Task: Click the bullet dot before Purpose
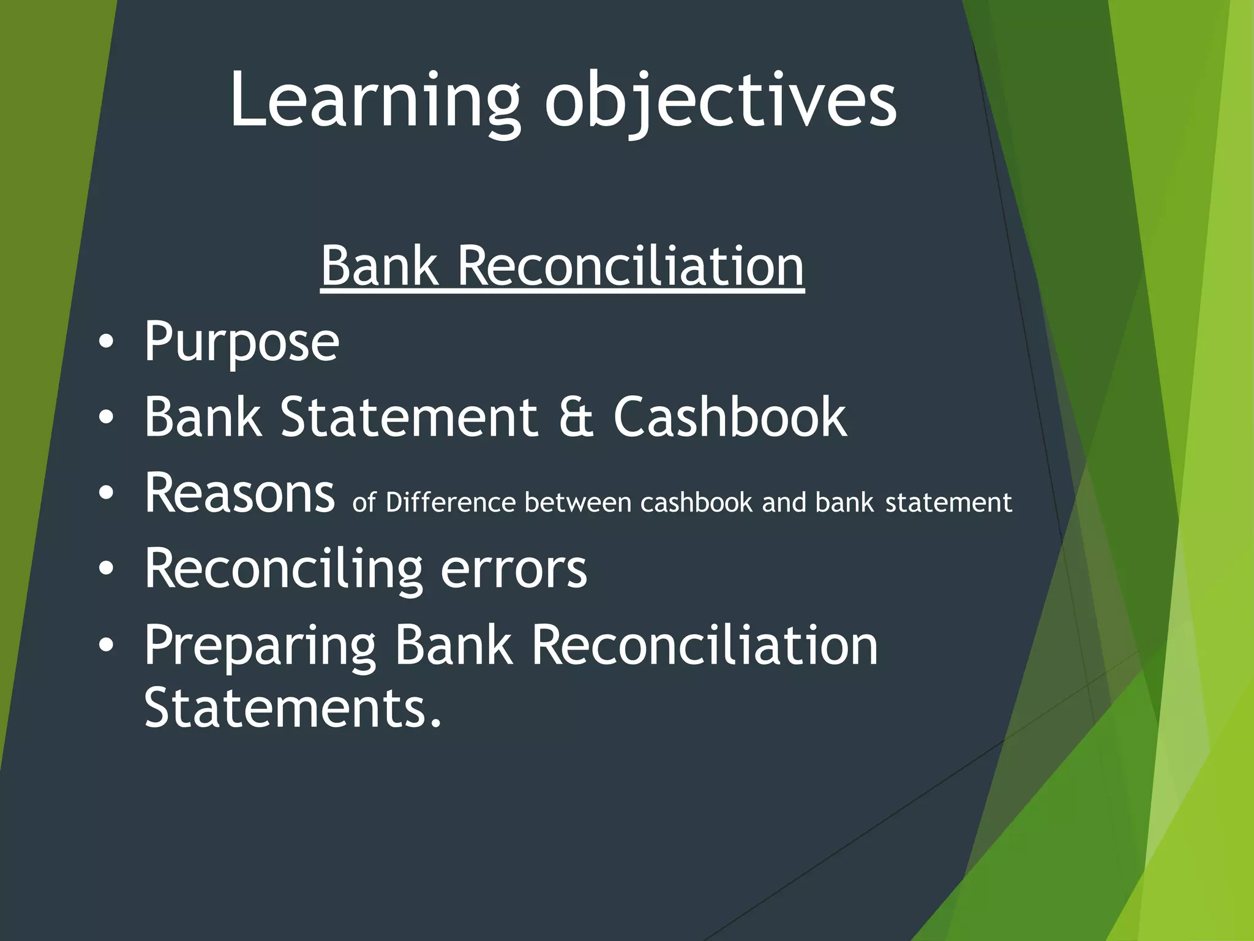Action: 106,343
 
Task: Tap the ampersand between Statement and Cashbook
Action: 576,417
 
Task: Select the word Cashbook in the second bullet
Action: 730,417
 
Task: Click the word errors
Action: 514,570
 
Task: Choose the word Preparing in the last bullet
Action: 260,646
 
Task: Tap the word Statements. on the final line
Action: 293,708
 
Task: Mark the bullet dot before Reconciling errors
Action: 106,570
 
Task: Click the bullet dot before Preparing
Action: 106,646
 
